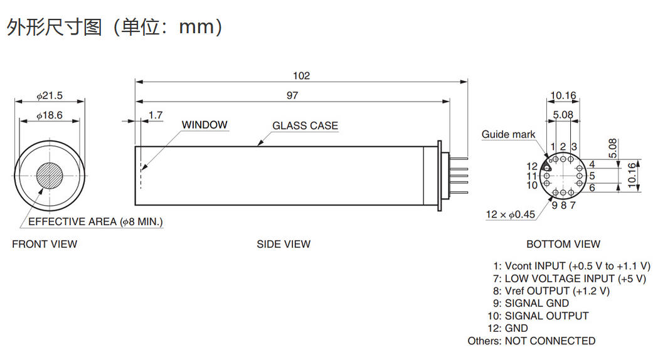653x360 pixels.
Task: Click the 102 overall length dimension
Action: [301, 76]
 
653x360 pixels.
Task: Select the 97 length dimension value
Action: [292, 95]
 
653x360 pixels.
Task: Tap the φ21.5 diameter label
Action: [50, 96]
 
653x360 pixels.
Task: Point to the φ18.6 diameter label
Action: [50, 115]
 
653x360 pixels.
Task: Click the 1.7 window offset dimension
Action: [156, 115]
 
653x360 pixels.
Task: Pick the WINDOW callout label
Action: [204, 125]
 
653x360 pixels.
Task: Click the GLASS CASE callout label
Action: [305, 125]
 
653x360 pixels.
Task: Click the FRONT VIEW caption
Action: [45, 244]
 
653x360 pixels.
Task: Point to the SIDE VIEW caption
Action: [284, 244]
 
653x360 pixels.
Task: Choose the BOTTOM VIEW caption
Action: [563, 244]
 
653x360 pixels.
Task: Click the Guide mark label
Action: [508, 134]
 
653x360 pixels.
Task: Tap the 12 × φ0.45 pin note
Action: [511, 214]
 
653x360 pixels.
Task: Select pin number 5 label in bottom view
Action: [592, 176]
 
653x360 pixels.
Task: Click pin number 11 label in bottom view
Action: [532, 176]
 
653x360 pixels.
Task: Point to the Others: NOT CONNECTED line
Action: [531, 341]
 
